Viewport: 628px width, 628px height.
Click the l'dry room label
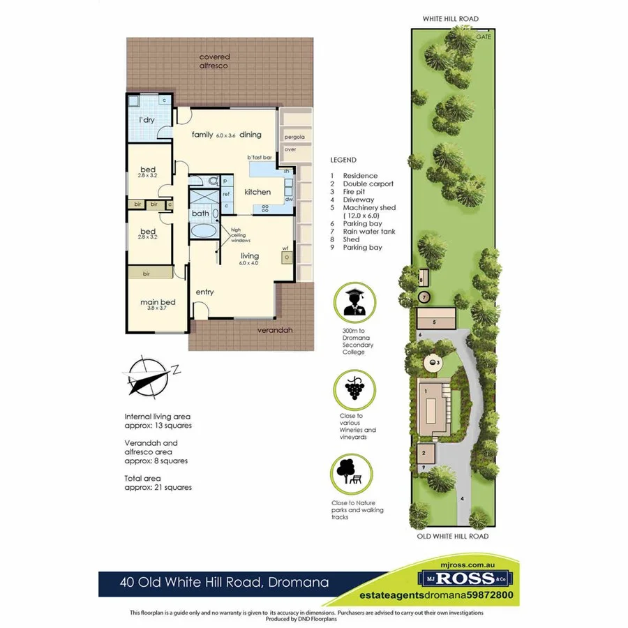147,121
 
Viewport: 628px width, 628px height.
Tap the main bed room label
158,302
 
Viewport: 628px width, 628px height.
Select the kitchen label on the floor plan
257,192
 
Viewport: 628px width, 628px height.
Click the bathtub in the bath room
204,232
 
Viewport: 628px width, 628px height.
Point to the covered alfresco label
214,61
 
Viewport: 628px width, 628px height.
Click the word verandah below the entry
274,330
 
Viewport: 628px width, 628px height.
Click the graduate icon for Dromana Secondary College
354,302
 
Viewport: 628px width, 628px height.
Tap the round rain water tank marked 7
424,297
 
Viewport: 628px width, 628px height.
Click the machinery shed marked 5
436,318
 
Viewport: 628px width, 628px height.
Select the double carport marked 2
426,454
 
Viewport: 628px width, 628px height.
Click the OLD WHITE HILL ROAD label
453,537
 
